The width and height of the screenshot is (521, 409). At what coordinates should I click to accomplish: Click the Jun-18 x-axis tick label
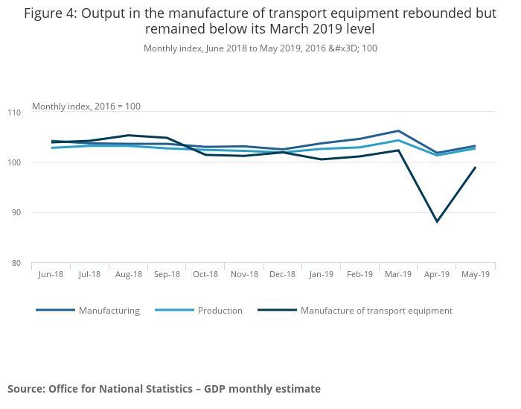coord(51,274)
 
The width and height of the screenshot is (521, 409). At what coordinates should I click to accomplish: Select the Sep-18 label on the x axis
coord(167,274)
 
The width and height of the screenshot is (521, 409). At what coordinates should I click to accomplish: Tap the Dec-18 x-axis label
coord(283,274)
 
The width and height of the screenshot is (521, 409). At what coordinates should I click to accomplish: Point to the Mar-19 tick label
coord(398,274)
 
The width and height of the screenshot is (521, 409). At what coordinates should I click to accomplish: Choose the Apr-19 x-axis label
coord(437,274)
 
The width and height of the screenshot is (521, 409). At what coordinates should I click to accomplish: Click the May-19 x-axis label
coord(476,274)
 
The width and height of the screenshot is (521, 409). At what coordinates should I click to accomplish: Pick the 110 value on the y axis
coord(36,112)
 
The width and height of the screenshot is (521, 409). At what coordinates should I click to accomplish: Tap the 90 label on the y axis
coord(38,213)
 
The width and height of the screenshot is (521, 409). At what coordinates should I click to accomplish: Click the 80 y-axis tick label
coord(38,263)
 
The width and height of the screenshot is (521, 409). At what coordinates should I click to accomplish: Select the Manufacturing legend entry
coord(109,311)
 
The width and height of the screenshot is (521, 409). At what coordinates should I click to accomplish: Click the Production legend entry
coord(220,311)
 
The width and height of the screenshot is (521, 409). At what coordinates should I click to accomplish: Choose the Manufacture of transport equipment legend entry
coord(376,311)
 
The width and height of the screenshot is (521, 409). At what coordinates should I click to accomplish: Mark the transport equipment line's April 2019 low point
coord(437,222)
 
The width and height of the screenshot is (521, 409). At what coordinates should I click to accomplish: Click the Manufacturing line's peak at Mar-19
coord(398,131)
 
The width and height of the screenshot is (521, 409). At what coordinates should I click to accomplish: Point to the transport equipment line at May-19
coord(476,168)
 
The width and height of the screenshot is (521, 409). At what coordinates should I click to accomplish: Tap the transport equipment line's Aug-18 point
coord(128,136)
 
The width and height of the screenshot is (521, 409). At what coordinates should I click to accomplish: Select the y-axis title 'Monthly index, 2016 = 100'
coord(86,107)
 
